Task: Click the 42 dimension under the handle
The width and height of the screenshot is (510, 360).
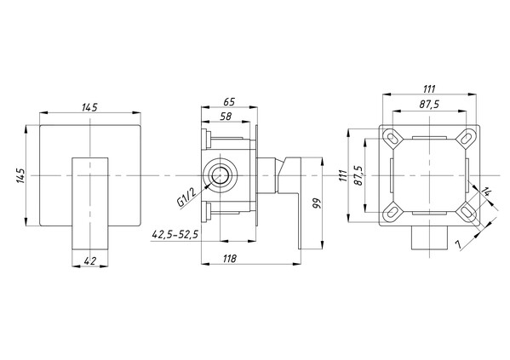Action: coord(90,260)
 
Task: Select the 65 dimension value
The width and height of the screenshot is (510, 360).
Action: coord(229,102)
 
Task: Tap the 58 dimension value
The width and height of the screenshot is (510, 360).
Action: coord(226,117)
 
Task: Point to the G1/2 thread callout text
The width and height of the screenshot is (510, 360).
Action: coord(186,197)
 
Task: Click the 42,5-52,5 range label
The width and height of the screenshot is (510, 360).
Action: coord(175,234)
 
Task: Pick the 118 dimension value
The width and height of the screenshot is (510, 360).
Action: coord(230,259)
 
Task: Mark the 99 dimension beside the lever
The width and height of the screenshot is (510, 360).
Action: coord(317,203)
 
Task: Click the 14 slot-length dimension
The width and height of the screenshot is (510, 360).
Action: coord(486,191)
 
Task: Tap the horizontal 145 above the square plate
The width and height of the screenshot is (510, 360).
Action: coord(89,107)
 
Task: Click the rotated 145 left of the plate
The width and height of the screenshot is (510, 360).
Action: coord(21,175)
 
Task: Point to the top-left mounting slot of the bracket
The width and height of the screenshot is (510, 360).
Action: coord(393,138)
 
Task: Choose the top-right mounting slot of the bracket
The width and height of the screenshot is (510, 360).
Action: coord(467,137)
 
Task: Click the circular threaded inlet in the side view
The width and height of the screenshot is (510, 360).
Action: coord(220,175)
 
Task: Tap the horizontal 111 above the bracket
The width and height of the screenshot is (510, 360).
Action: coord(429,89)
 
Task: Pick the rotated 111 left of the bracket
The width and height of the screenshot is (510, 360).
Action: coord(341,176)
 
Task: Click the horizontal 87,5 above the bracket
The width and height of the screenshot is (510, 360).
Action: coord(429,105)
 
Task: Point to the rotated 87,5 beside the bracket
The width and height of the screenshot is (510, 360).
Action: coord(358,175)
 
